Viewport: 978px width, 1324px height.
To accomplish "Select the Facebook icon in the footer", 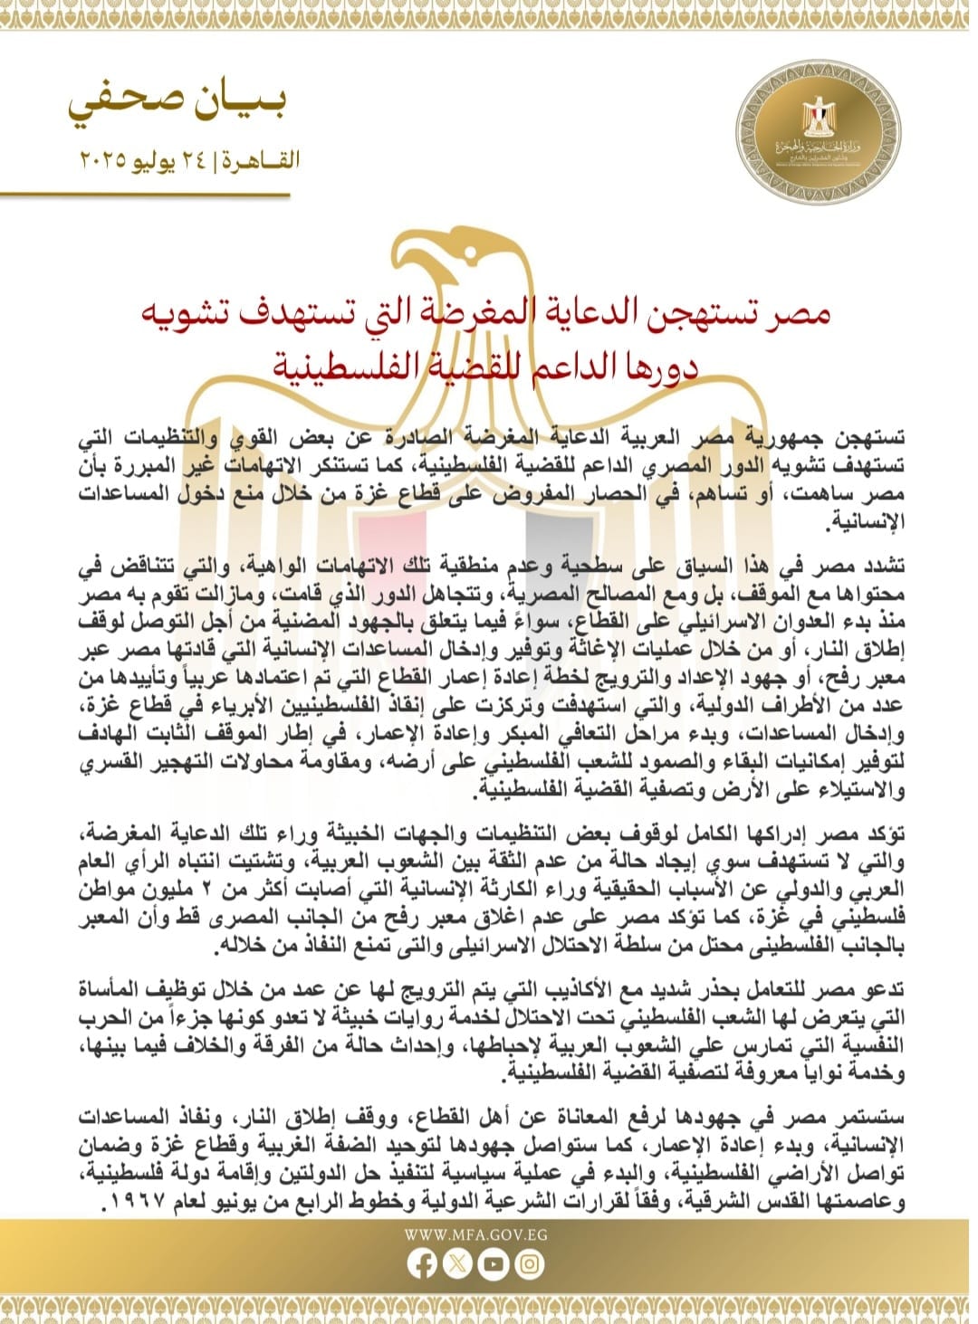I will pyautogui.click(x=422, y=1264).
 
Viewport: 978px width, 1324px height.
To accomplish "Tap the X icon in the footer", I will pyautogui.click(x=457, y=1264).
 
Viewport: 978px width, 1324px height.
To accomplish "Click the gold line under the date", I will pyautogui.click(x=145, y=194).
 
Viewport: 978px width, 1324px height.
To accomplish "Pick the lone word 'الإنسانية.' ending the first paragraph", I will pyautogui.click(x=868, y=523).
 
